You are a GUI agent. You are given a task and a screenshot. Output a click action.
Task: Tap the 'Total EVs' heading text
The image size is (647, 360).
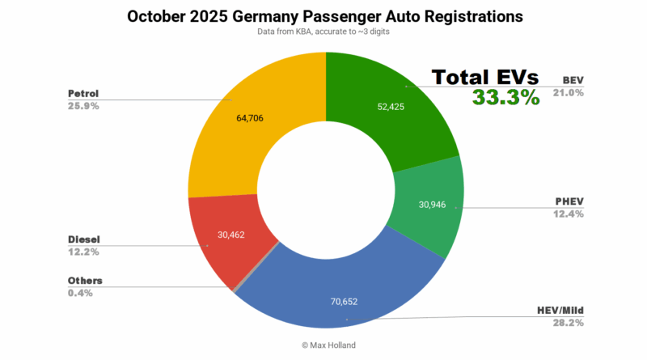(484, 78)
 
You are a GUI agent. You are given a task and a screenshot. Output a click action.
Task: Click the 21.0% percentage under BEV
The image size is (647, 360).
(569, 93)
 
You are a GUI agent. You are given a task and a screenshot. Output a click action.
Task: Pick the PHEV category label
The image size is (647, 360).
(568, 201)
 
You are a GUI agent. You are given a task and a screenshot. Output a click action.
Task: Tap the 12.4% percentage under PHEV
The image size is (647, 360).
(568, 214)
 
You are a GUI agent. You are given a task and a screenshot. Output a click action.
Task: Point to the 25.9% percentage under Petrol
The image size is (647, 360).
(82, 106)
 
